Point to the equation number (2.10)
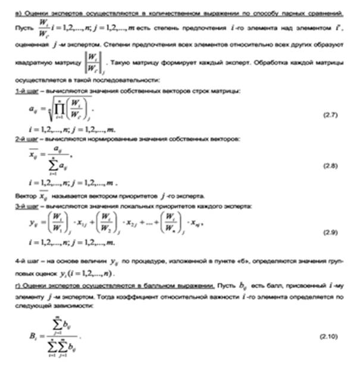click(328, 336)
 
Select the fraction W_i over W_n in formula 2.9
click(170, 224)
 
